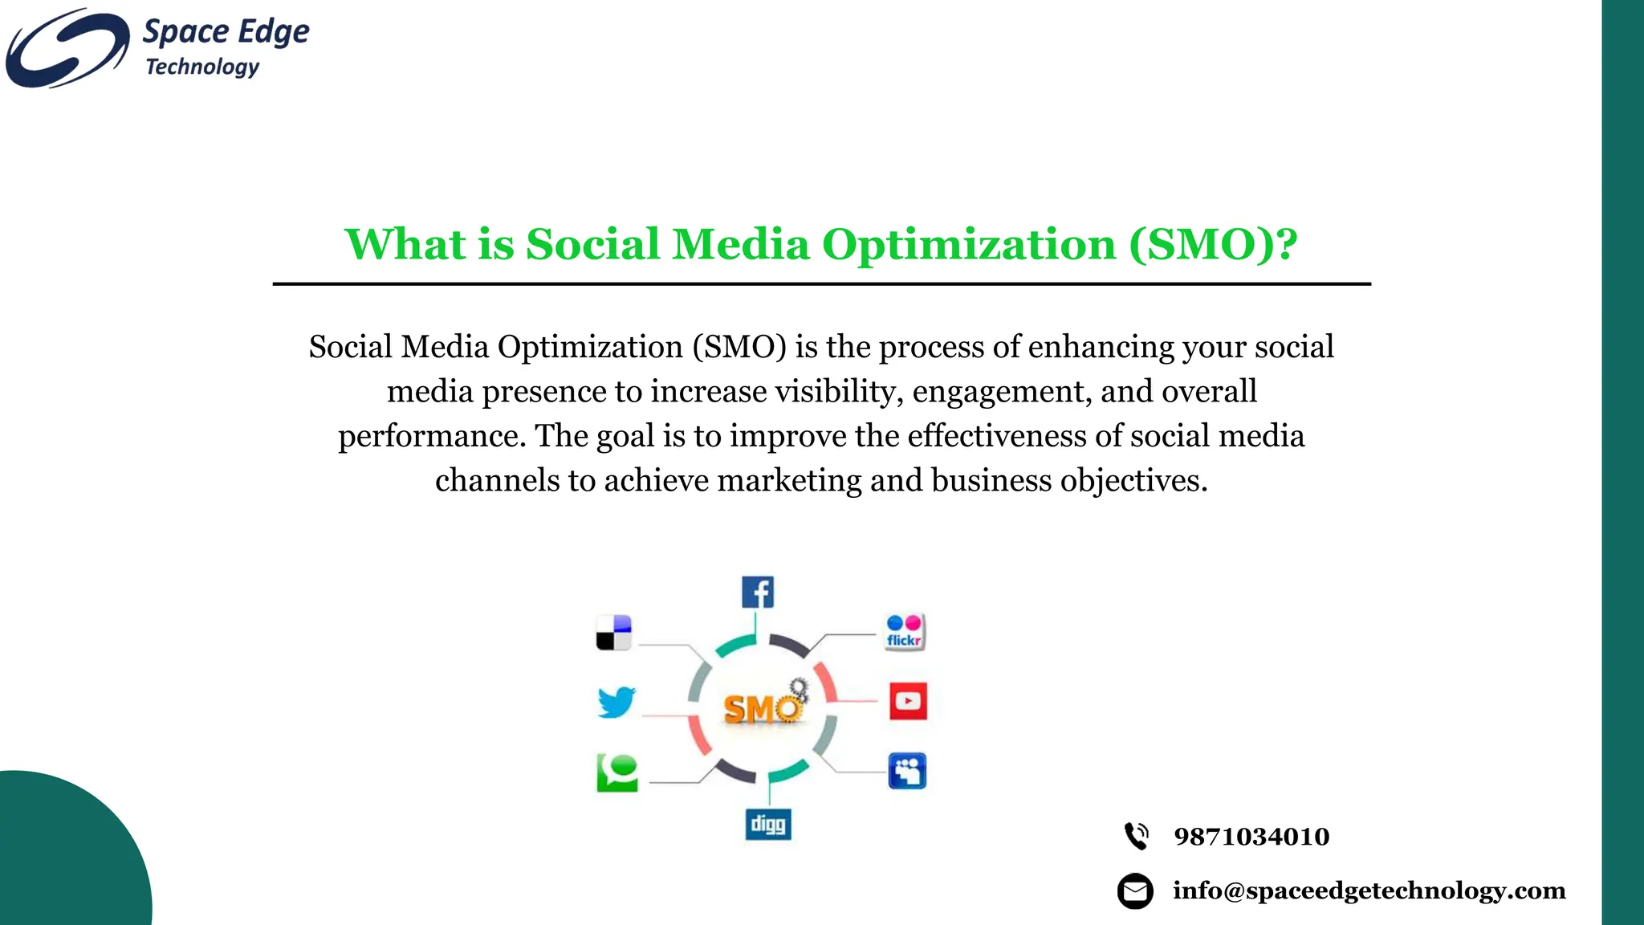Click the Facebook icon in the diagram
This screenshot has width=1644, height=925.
click(758, 593)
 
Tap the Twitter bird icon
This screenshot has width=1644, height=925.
click(616, 702)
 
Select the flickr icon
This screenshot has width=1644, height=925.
click(905, 632)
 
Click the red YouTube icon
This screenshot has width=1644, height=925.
click(908, 701)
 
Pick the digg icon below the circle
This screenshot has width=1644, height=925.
click(768, 824)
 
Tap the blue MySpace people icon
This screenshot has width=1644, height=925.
click(907, 771)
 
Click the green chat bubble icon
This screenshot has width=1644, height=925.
click(617, 772)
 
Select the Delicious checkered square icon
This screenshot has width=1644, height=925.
click(614, 633)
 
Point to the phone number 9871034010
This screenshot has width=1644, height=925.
click(1251, 837)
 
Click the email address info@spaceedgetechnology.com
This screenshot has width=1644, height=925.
click(1369, 890)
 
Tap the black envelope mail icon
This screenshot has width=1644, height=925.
click(1135, 890)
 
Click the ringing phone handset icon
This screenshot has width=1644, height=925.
click(1136, 836)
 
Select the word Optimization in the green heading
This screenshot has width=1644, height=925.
click(968, 244)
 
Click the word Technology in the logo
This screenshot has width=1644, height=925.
click(202, 67)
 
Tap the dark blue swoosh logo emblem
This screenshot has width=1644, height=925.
click(66, 48)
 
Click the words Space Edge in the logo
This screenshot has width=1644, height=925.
click(226, 32)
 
